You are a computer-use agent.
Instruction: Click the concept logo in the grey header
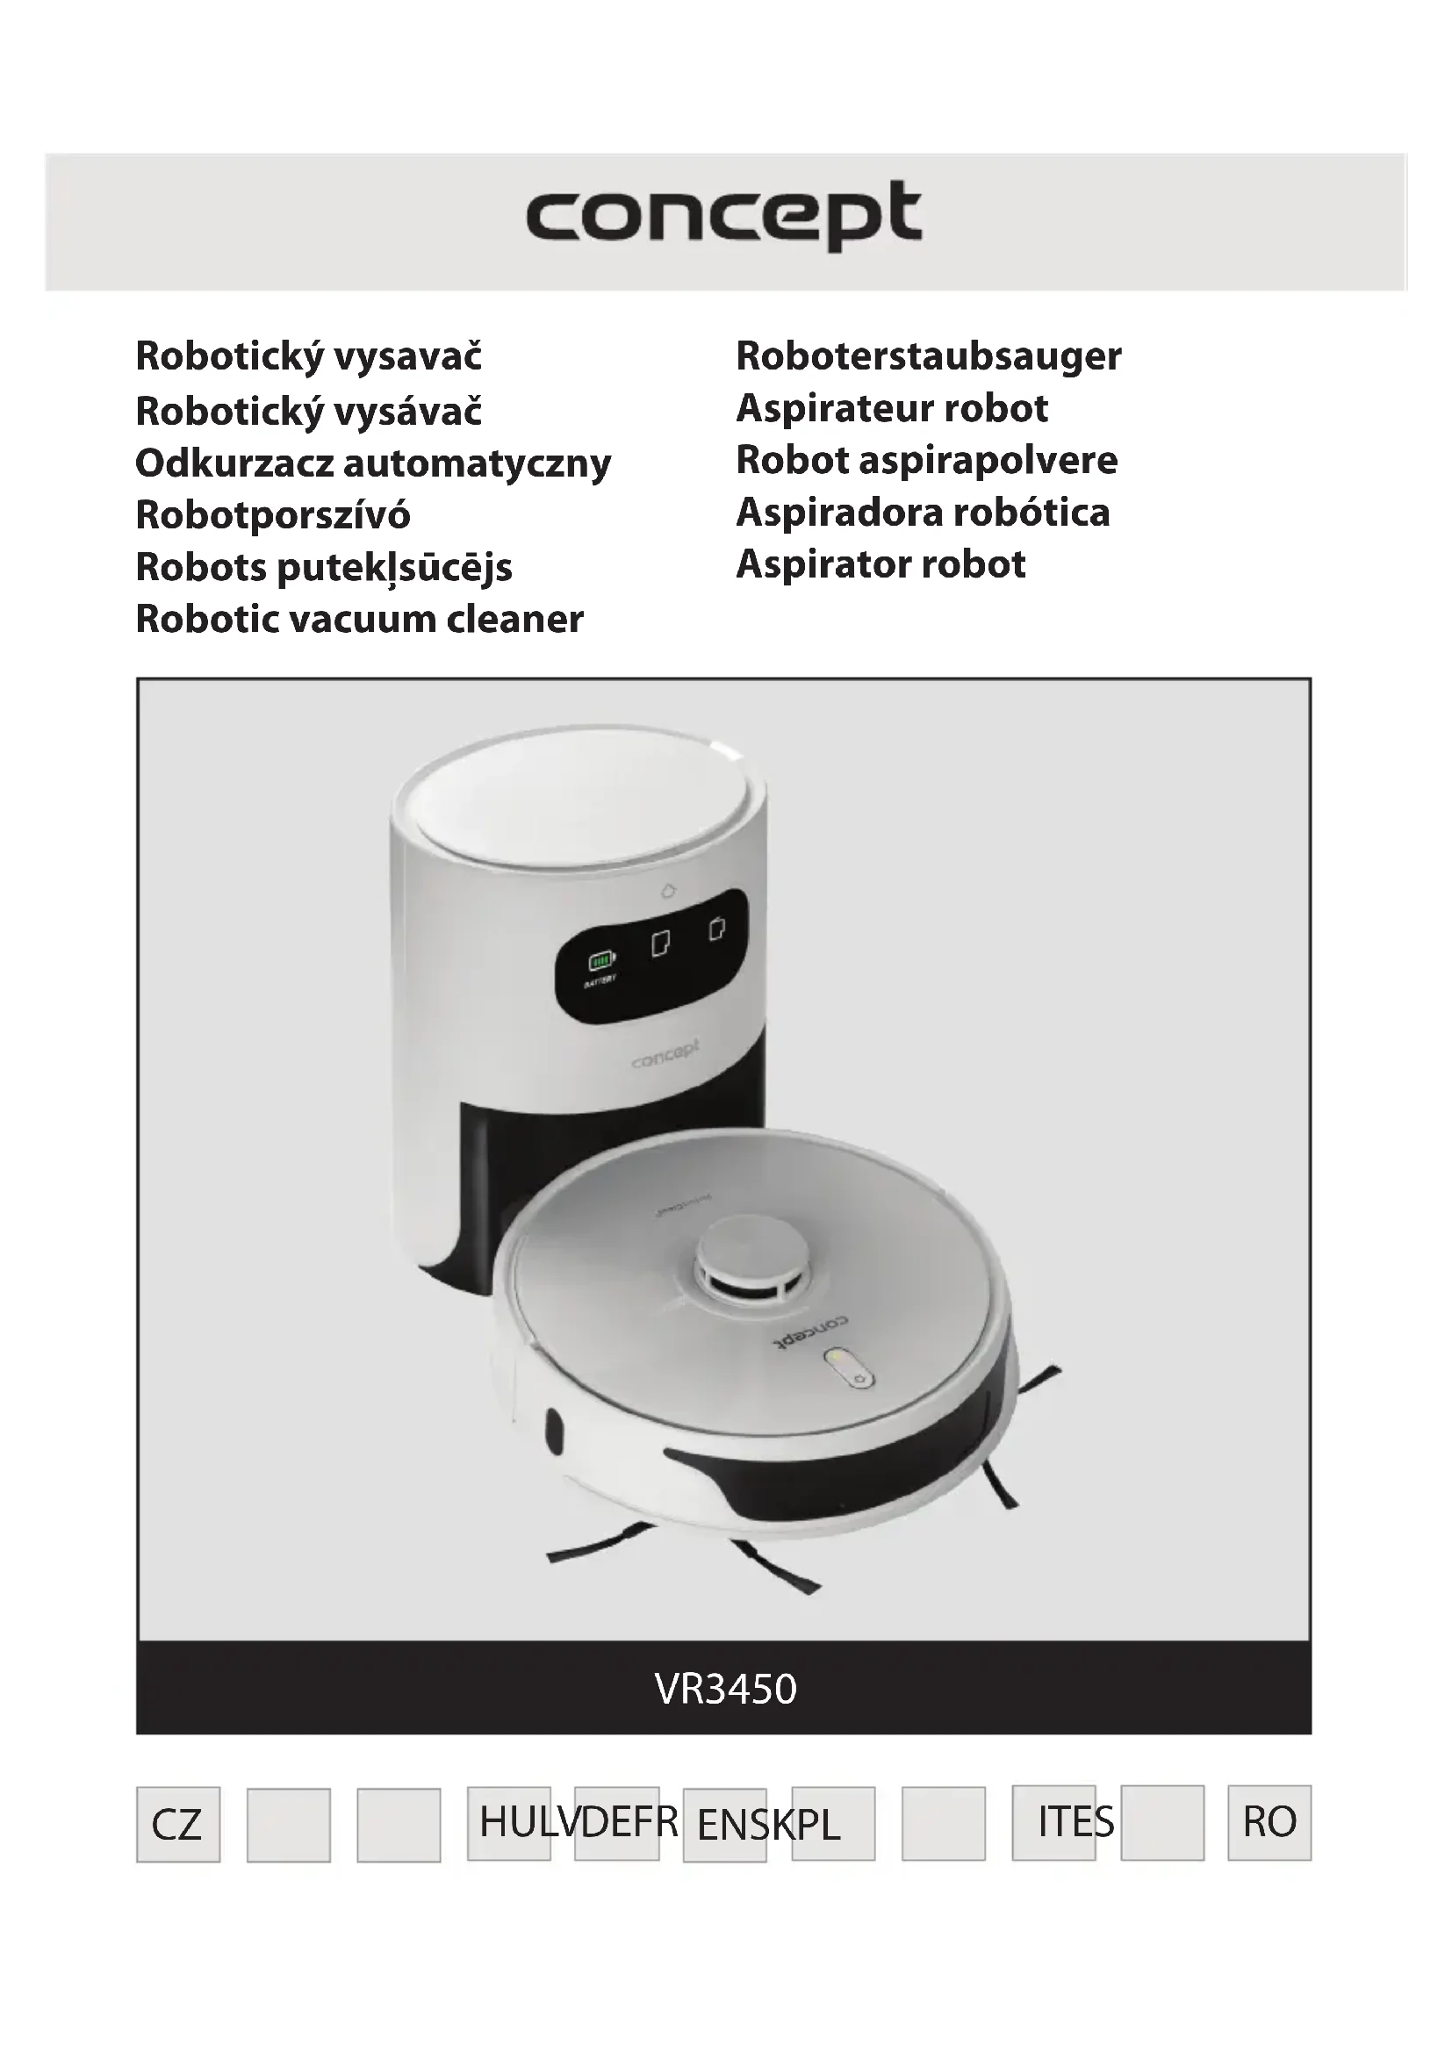coord(723,216)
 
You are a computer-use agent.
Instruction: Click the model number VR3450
coord(725,1689)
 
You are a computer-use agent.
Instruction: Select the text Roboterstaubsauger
coord(928,356)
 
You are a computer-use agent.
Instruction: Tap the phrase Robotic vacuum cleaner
coord(359,619)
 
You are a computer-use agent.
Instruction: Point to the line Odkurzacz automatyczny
coord(373,463)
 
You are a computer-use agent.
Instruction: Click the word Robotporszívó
coord(273,515)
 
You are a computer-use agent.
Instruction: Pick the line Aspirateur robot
coord(891,409)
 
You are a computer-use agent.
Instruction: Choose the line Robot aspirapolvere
coord(926,461)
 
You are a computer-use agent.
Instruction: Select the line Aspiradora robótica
coord(923,513)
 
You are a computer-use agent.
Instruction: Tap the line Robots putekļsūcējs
coord(324,567)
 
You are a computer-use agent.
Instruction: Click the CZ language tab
coord(177,1825)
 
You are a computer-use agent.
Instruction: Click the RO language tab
coord(1269,1821)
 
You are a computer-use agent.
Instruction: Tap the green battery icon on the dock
coord(600,961)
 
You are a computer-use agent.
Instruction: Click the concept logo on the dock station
coord(665,1054)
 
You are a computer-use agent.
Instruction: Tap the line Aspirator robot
coord(881,564)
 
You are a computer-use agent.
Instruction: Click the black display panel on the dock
coord(651,958)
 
